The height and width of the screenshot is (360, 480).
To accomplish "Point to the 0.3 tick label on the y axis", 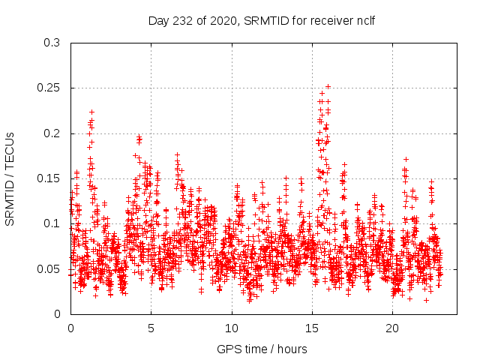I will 51,43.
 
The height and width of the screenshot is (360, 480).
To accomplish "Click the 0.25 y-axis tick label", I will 48,88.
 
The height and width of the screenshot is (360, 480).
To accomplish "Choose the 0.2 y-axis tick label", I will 51,133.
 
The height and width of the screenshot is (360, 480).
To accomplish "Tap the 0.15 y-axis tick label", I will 48,178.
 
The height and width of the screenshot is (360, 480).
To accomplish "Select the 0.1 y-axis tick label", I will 51,223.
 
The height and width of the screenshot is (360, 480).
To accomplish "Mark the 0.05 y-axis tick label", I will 48,268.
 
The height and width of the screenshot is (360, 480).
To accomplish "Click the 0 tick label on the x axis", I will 70,328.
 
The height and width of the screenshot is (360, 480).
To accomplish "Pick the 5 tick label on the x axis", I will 151,328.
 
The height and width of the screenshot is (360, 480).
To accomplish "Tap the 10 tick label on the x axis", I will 231,328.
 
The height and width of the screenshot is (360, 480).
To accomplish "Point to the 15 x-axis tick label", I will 311,328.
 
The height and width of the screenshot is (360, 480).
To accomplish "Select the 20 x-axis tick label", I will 391,328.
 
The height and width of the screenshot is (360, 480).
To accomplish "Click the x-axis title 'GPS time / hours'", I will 262,349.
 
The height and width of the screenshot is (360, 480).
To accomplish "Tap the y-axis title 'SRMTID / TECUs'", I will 10,178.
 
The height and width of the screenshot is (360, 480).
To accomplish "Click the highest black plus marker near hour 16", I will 328,86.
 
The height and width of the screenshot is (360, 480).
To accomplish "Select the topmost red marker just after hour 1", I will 91,112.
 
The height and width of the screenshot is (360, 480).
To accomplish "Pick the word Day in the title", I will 158,20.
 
